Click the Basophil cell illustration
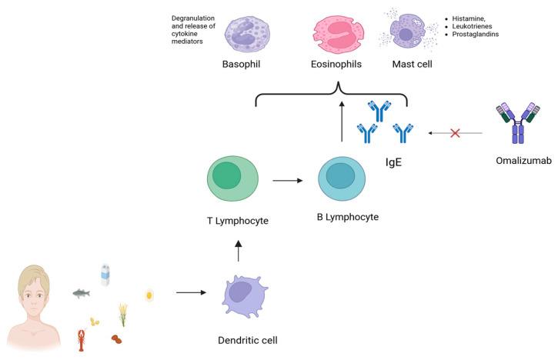[247, 35]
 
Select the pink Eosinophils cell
[339, 34]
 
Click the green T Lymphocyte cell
[232, 178]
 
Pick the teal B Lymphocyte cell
[342, 178]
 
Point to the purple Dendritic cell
[245, 295]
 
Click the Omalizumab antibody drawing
[518, 123]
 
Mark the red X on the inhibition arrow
[455, 133]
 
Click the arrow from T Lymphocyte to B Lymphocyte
[288, 181]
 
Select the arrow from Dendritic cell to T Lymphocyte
[239, 251]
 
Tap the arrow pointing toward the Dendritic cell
[191, 293]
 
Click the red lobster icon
[82, 340]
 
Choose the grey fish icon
[81, 293]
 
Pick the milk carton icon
[105, 275]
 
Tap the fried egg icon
[149, 295]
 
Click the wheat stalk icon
[123, 315]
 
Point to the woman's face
[33, 295]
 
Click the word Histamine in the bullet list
[468, 18]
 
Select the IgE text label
[393, 162]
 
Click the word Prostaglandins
[476, 34]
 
